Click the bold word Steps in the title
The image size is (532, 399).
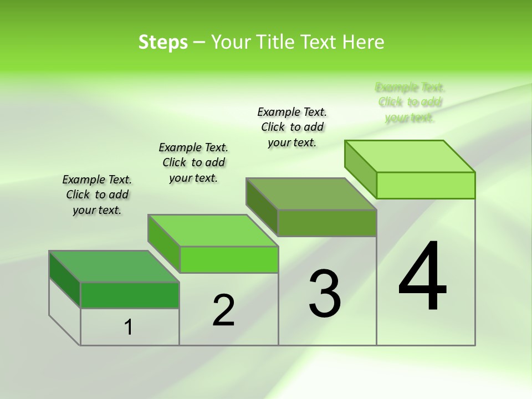pyautogui.click(x=163, y=42)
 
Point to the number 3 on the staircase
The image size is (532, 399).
pyautogui.click(x=325, y=294)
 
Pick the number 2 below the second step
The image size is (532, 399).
pyautogui.click(x=224, y=310)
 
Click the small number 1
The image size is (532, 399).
pyautogui.click(x=129, y=328)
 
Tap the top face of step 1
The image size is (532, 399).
pyautogui.click(x=114, y=267)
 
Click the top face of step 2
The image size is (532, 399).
pyautogui.click(x=213, y=231)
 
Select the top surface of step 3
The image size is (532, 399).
pyautogui.click(x=311, y=194)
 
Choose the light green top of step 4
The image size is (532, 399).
pyautogui.click(x=410, y=156)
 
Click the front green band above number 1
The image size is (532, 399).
pyautogui.click(x=130, y=295)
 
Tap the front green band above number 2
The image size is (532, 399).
pyautogui.click(x=229, y=259)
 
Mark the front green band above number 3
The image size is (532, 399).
pyautogui.click(x=327, y=223)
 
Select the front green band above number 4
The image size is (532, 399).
pyautogui.click(x=426, y=185)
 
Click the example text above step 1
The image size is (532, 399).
pyautogui.click(x=97, y=195)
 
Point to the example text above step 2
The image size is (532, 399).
pyautogui.click(x=193, y=162)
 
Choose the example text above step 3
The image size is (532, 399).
pyautogui.click(x=292, y=127)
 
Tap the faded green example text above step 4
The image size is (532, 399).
pyautogui.click(x=410, y=102)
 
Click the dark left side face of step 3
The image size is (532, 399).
pyautogui.click(x=262, y=207)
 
